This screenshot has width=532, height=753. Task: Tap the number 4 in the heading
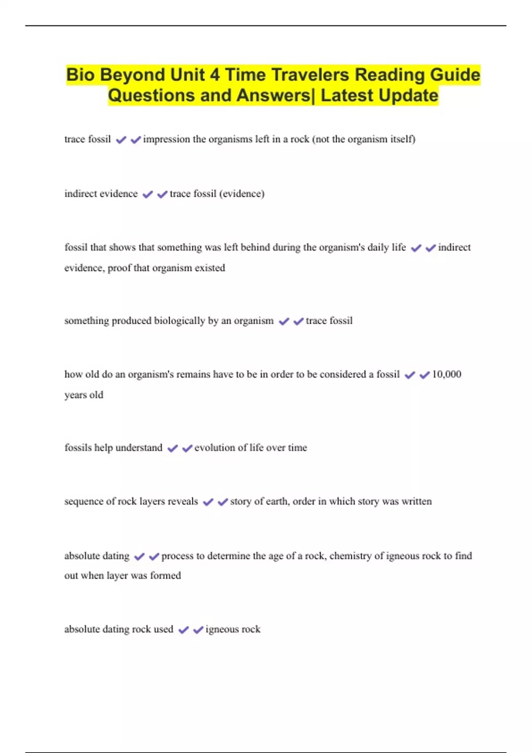(x=215, y=75)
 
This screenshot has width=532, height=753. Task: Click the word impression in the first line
(x=166, y=139)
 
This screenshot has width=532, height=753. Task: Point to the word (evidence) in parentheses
(x=242, y=194)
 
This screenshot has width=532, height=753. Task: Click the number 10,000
(x=446, y=374)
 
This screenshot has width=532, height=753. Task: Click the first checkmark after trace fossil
(x=121, y=140)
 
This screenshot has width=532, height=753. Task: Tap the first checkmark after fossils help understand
(x=172, y=449)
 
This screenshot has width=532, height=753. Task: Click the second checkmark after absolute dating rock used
(x=198, y=630)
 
